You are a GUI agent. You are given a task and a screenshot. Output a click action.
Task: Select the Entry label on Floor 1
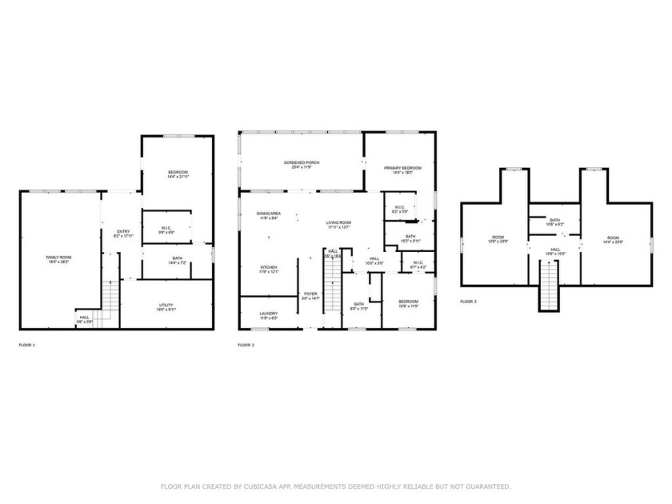pos(122,233)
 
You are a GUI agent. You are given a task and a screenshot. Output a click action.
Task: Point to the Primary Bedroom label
pos(402,169)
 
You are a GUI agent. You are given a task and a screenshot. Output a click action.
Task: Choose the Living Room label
pos(338,224)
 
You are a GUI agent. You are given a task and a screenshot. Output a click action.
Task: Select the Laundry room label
pos(268,314)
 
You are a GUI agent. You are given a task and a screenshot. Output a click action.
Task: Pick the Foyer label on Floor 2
pos(310,295)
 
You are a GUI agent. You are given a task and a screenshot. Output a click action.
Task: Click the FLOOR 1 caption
pos(27,345)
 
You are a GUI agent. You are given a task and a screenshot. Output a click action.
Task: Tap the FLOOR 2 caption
pos(246,345)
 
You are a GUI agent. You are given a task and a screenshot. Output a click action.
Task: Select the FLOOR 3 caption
pos(468,302)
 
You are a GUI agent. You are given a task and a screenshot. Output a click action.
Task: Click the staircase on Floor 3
pos(549,289)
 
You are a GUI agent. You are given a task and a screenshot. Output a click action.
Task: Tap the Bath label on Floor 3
pos(554,221)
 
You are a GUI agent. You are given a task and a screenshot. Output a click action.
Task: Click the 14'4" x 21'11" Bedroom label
pos(178,174)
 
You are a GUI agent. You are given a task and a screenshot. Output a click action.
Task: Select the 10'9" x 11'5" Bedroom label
pos(408,302)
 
